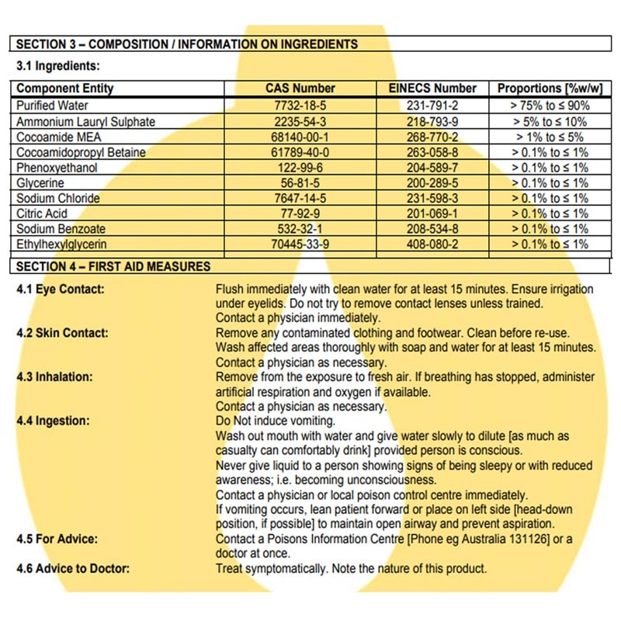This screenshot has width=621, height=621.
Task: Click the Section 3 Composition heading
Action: (x=187, y=44)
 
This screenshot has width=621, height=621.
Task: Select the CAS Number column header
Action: (x=300, y=88)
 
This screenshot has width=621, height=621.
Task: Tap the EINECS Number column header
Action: (x=432, y=88)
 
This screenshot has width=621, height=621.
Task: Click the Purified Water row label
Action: (x=53, y=106)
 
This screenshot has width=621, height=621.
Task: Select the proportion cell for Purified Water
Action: (x=550, y=106)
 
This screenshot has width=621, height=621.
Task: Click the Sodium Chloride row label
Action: (x=58, y=198)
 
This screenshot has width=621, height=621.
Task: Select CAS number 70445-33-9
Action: (x=300, y=245)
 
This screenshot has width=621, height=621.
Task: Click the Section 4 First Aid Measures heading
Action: (x=113, y=266)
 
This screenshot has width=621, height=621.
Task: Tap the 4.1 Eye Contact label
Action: (x=61, y=289)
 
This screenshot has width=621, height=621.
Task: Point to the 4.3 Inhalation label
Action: (x=54, y=376)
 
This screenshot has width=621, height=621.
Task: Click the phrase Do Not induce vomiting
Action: (x=276, y=421)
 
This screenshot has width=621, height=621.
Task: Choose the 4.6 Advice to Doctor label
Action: (x=73, y=568)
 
